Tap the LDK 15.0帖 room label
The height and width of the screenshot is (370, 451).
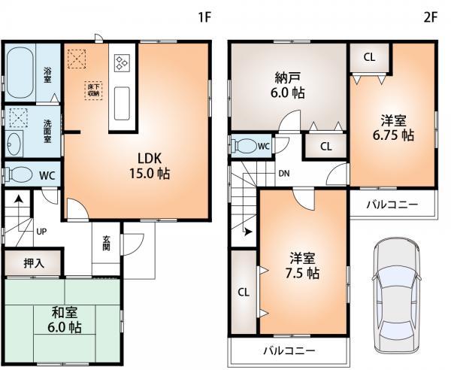point(152,165)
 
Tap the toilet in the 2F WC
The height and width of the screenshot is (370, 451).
point(244,145)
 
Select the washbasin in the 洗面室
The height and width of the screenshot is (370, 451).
point(14,144)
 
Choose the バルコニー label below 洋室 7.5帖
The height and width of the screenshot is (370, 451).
point(289,350)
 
